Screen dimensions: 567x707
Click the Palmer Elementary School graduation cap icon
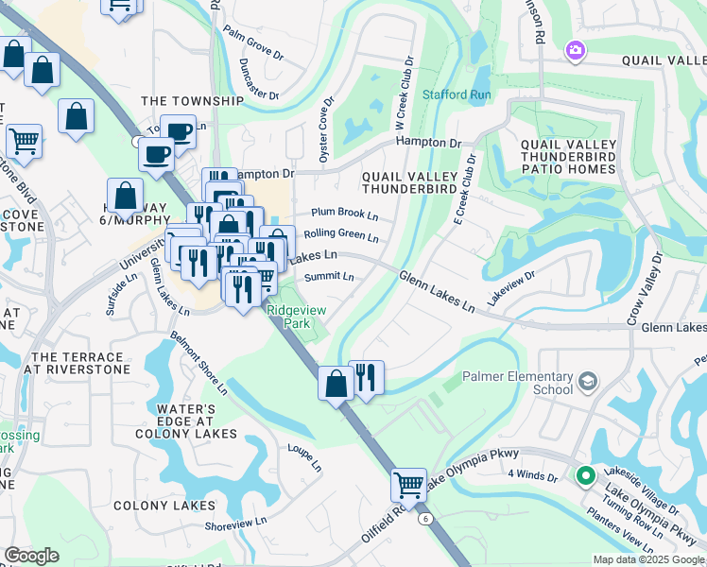(587, 381)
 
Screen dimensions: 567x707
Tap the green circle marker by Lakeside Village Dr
(585, 476)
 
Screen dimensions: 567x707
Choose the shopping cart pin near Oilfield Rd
(408, 486)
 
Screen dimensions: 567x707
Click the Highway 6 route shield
(426, 518)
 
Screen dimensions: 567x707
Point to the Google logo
(31, 556)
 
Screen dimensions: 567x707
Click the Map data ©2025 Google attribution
(648, 559)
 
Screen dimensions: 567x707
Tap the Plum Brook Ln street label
(338, 215)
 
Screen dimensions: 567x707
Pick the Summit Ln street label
(330, 277)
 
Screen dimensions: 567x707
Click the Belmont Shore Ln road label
(198, 363)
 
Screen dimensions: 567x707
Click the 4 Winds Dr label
(532, 475)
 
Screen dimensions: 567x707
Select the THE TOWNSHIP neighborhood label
(192, 101)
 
